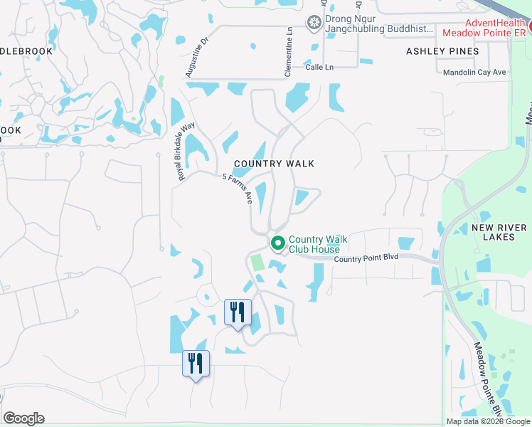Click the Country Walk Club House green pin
click(277, 243)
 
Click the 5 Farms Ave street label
click(238, 189)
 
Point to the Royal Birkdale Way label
click(186, 151)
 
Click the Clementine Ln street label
click(289, 52)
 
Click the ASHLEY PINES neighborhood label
click(442, 51)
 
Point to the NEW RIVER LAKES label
click(499, 232)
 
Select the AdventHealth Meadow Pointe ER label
click(484, 27)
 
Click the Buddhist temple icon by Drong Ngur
click(314, 23)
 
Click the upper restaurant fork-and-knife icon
click(238, 312)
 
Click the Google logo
click(23, 418)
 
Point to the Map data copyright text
click(488, 421)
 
